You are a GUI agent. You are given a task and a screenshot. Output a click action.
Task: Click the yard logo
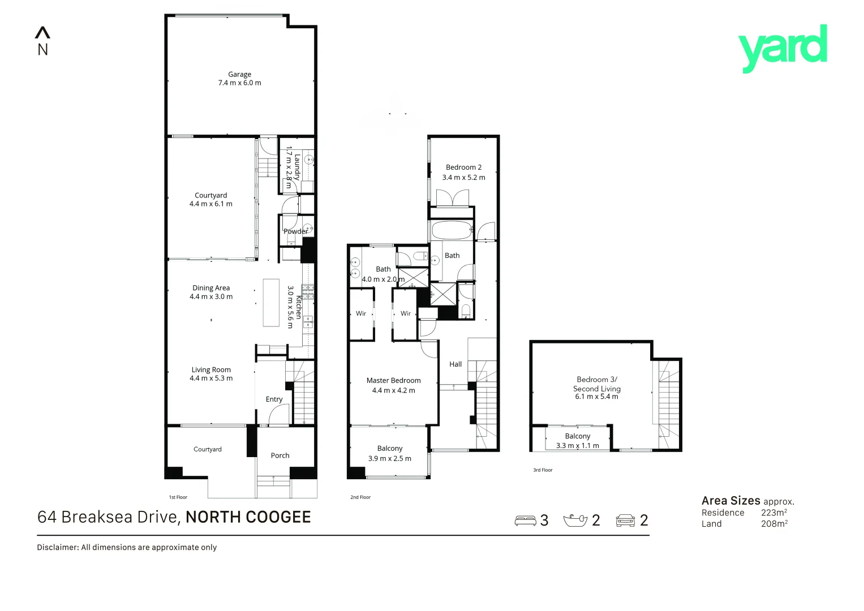click(x=783, y=48)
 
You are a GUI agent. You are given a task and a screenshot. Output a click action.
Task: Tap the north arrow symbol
click(x=42, y=33)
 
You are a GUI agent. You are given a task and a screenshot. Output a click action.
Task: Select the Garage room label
click(x=239, y=74)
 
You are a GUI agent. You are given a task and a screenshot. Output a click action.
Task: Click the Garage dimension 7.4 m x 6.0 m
click(x=239, y=83)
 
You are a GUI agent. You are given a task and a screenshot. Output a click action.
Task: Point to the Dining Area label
click(x=211, y=288)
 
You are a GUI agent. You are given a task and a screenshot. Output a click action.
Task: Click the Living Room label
click(x=211, y=370)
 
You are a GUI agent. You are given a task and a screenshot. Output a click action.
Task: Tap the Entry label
click(x=274, y=399)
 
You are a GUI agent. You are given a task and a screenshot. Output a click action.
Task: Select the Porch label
click(x=280, y=455)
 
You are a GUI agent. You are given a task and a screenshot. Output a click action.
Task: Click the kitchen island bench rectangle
click(x=271, y=302)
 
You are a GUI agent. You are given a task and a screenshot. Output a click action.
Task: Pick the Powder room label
click(x=295, y=231)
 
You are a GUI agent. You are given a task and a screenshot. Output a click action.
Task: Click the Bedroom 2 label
click(x=463, y=167)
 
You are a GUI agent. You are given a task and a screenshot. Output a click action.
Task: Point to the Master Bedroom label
click(x=393, y=381)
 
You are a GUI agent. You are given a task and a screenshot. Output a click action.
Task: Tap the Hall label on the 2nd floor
click(x=455, y=364)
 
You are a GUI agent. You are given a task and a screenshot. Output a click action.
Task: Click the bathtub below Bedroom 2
click(x=451, y=230)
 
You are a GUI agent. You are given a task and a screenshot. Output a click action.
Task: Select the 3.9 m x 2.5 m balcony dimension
click(x=389, y=459)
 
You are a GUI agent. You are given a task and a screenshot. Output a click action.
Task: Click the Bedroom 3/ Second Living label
click(x=596, y=384)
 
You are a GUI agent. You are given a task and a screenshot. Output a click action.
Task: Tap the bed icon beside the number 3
click(x=525, y=520)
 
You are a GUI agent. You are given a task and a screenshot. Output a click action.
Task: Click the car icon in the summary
click(x=625, y=520)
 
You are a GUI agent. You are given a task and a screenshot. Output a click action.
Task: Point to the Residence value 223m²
click(x=773, y=513)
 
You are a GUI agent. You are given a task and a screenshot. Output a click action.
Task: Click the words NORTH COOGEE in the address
click(x=248, y=517)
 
